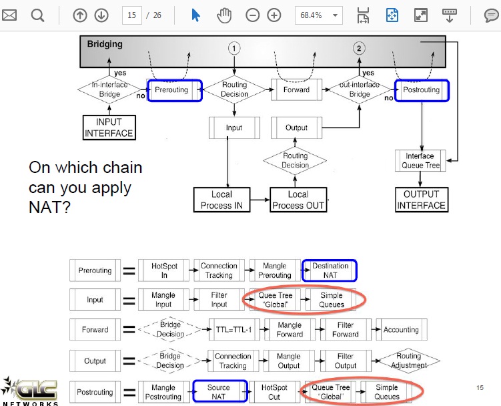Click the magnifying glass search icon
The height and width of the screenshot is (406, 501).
tap(37, 15)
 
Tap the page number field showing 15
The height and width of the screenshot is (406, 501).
tap(131, 15)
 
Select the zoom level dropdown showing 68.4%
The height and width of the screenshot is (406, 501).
tap(319, 15)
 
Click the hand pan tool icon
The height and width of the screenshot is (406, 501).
tap(224, 15)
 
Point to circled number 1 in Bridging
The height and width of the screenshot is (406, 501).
tap(234, 48)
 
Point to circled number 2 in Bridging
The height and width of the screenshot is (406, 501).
tap(359, 48)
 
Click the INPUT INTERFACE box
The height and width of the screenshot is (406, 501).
tap(109, 128)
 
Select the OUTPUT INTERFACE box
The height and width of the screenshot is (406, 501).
tap(422, 200)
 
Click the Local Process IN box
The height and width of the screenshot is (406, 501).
tap(221, 200)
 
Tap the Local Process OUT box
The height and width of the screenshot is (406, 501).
tap(298, 200)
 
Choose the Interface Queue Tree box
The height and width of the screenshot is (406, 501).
tap(420, 161)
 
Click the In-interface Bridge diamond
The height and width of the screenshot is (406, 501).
tap(109, 89)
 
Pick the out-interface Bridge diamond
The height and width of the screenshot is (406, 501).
tap(360, 89)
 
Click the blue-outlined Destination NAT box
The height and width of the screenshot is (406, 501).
tap(330, 270)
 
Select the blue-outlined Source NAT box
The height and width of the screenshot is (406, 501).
tap(220, 391)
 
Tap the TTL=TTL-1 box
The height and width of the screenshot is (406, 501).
tap(234, 329)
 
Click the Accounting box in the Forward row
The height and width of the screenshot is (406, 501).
tap(402, 329)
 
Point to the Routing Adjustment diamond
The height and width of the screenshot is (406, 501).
tap(409, 361)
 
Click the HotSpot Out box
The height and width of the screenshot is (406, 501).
tap(274, 391)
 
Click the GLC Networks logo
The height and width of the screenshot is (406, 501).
tap(29, 391)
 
